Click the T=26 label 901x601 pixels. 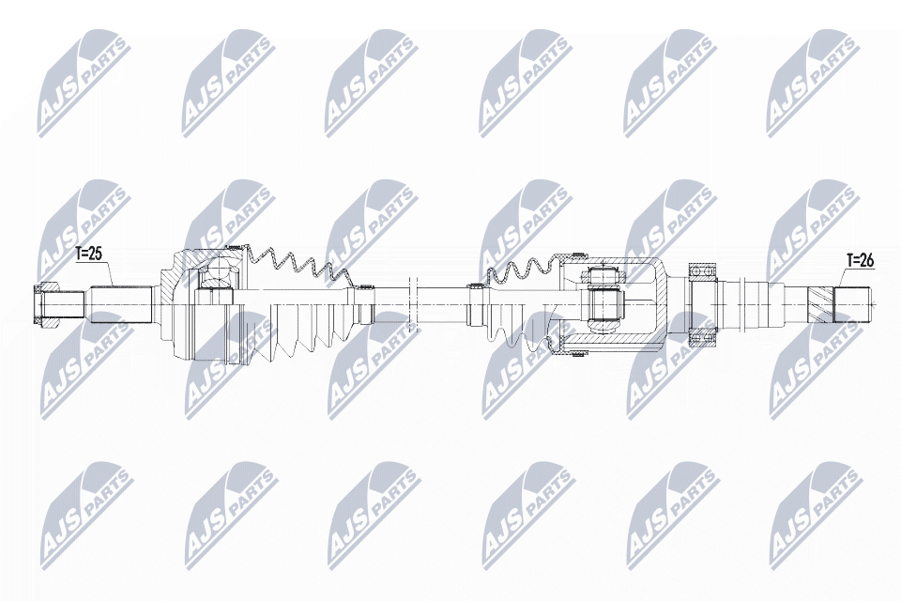(x=860, y=260)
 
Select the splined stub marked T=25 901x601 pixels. (x=121, y=301)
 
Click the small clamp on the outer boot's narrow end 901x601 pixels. (x=368, y=302)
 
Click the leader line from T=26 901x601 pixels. (x=841, y=277)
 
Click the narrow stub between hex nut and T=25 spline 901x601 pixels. (x=74, y=302)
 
